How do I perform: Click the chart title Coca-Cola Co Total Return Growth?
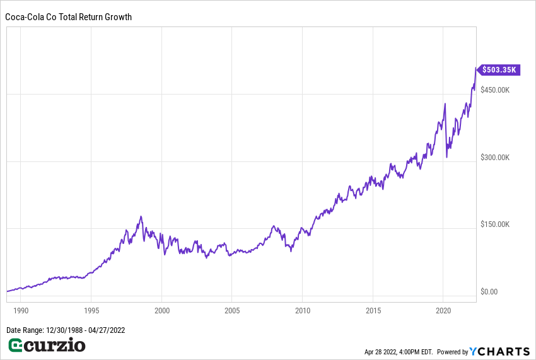(x=69, y=17)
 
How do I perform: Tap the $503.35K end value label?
(x=501, y=70)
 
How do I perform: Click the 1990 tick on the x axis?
(x=21, y=311)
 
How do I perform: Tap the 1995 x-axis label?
(x=91, y=311)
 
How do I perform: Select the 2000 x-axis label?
(x=162, y=311)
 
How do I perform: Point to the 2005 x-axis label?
(x=232, y=311)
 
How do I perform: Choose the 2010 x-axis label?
(x=302, y=311)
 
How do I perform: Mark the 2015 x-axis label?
(x=373, y=311)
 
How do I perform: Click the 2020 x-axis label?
(x=443, y=311)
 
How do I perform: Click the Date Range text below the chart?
(x=65, y=330)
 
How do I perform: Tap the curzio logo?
(x=47, y=345)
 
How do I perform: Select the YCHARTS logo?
(x=501, y=351)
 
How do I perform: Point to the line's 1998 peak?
(x=141, y=217)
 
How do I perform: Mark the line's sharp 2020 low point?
(x=447, y=156)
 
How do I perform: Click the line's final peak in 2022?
(x=476, y=68)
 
